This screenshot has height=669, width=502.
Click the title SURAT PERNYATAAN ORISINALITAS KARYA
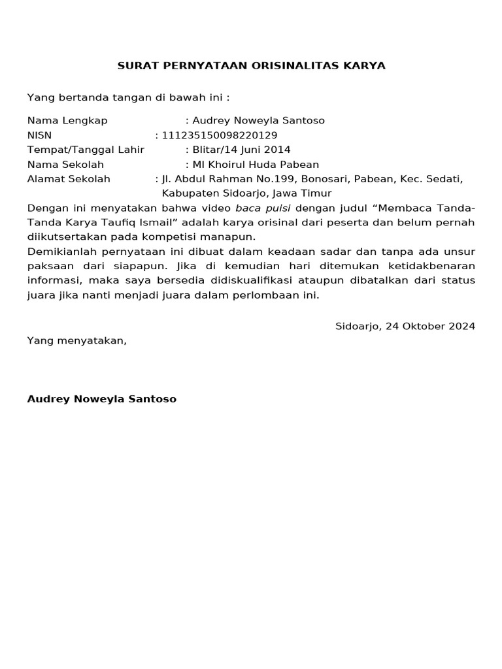pos(251,66)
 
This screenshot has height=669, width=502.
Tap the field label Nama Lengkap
pos(67,121)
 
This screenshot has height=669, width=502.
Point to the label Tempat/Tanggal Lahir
pos(86,150)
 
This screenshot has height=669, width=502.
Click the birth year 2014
pos(278,150)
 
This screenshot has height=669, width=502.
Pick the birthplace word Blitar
pos(206,150)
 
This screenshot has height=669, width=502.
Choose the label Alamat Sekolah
pos(69,179)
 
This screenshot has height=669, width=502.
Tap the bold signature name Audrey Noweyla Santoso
pos(101,399)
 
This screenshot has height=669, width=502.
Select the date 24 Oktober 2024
pos(431,326)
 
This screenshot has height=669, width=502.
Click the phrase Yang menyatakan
pos(76,340)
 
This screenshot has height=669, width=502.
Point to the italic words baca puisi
pos(263,208)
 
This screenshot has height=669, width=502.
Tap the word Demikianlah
pos(58,252)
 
